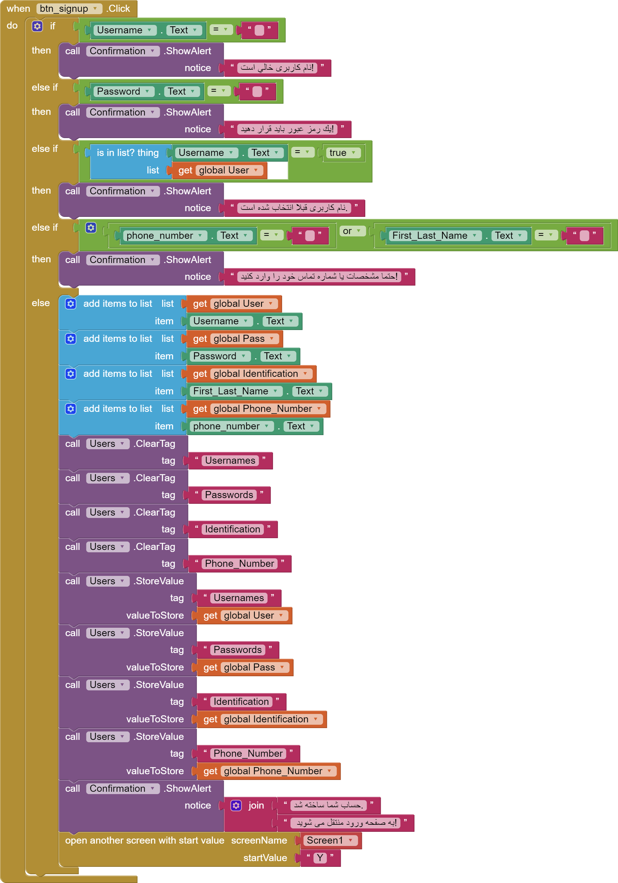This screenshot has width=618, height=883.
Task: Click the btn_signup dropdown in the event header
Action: tap(68, 8)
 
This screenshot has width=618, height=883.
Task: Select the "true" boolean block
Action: tap(342, 153)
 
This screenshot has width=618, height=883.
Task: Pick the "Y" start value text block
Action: tap(320, 858)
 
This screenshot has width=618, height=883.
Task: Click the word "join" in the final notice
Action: tap(256, 805)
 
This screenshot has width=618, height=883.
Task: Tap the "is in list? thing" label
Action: tap(127, 153)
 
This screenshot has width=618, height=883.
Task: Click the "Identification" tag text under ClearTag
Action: tap(233, 529)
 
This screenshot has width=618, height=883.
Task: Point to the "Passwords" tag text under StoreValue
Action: tap(238, 650)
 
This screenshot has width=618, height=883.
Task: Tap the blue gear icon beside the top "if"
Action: tap(37, 26)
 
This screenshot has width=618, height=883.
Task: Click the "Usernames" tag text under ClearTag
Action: tap(230, 460)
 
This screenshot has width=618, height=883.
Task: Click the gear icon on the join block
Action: tap(236, 805)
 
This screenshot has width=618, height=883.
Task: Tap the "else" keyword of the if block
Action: tap(41, 303)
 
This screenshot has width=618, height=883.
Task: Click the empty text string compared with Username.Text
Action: tap(259, 30)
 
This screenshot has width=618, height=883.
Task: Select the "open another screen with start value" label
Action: tap(144, 840)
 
